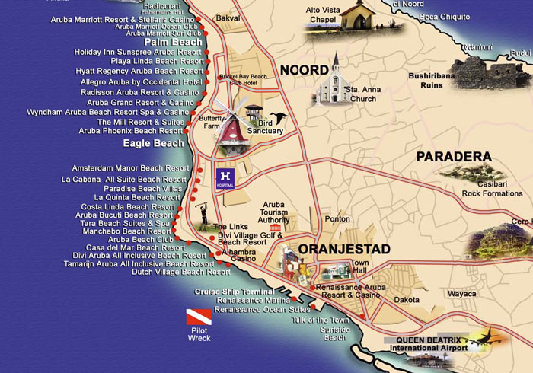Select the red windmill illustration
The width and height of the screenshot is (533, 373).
[231, 126]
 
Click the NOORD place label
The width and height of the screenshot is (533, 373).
[304, 70]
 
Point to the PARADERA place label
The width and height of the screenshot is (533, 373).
[453, 157]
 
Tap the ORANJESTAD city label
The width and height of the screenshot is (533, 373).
[344, 249]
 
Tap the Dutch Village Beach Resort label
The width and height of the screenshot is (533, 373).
[180, 272]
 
